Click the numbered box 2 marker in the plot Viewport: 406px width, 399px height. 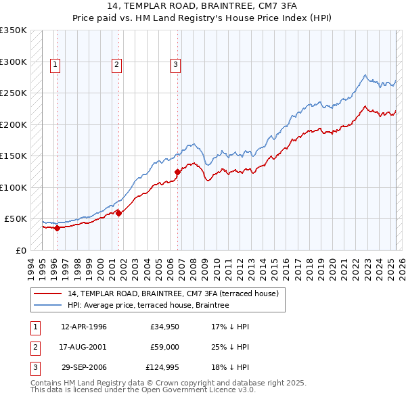(116, 65)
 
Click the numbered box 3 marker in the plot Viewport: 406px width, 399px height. (175, 65)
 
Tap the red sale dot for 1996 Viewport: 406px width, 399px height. (57, 228)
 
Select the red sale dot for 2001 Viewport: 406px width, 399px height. (118, 213)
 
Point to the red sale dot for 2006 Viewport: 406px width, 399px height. (178, 172)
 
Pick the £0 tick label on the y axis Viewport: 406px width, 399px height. (20, 250)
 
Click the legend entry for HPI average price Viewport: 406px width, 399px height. (148, 305)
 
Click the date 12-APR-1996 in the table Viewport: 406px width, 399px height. (84, 327)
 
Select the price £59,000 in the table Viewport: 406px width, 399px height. (164, 347)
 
